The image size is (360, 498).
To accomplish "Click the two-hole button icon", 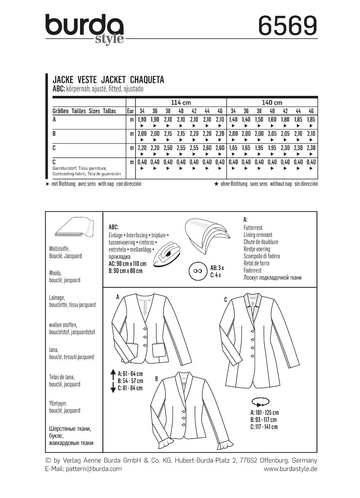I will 197,271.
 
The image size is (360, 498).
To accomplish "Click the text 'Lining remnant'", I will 258,235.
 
